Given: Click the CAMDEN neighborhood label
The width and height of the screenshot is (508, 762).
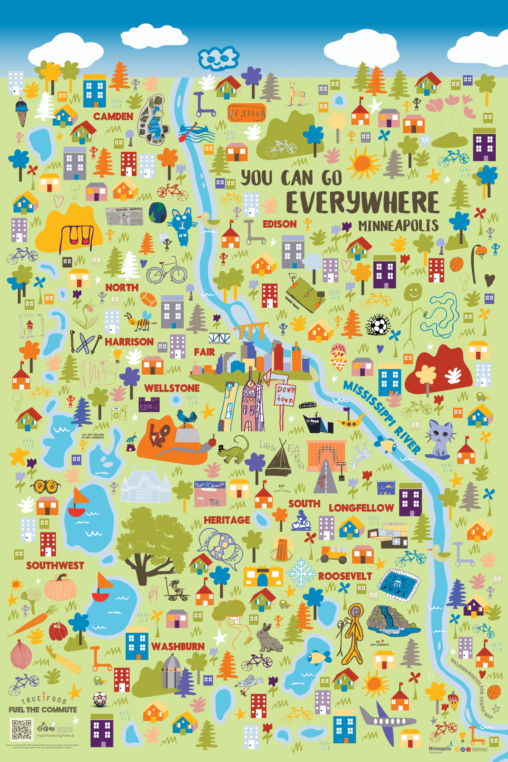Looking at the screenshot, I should click(113, 116).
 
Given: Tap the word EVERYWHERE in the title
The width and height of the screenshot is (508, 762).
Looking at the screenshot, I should click(363, 202).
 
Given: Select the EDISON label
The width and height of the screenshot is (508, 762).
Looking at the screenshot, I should click(280, 224).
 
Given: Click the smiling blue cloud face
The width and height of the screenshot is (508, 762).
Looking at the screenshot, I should click(218, 58).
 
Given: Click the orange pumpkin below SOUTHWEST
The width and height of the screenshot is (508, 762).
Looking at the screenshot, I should click(61, 587).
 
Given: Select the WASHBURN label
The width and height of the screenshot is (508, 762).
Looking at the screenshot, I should click(178, 646).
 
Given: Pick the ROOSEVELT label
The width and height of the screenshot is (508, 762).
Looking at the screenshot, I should click(345, 576).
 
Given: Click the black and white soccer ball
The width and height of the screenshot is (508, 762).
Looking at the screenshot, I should click(378, 326).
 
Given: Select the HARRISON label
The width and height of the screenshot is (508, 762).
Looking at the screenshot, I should click(129, 342).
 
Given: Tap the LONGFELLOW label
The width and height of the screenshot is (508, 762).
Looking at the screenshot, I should click(361, 508).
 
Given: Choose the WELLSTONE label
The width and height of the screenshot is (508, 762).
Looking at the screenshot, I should click(172, 388).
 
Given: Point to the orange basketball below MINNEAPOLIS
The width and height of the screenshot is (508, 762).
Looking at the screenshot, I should click(457, 265).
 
